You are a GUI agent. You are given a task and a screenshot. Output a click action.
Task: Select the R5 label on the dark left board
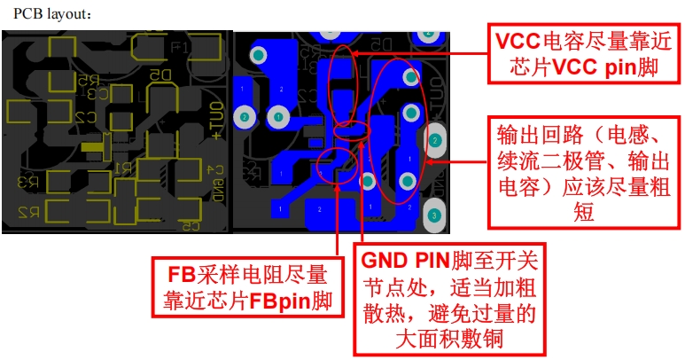(87, 81)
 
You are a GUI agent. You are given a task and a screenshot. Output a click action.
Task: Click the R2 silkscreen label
(30, 212)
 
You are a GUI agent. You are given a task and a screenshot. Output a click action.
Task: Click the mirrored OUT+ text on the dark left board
(217, 115)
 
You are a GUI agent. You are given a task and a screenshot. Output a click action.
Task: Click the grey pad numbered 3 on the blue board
(434, 215)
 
